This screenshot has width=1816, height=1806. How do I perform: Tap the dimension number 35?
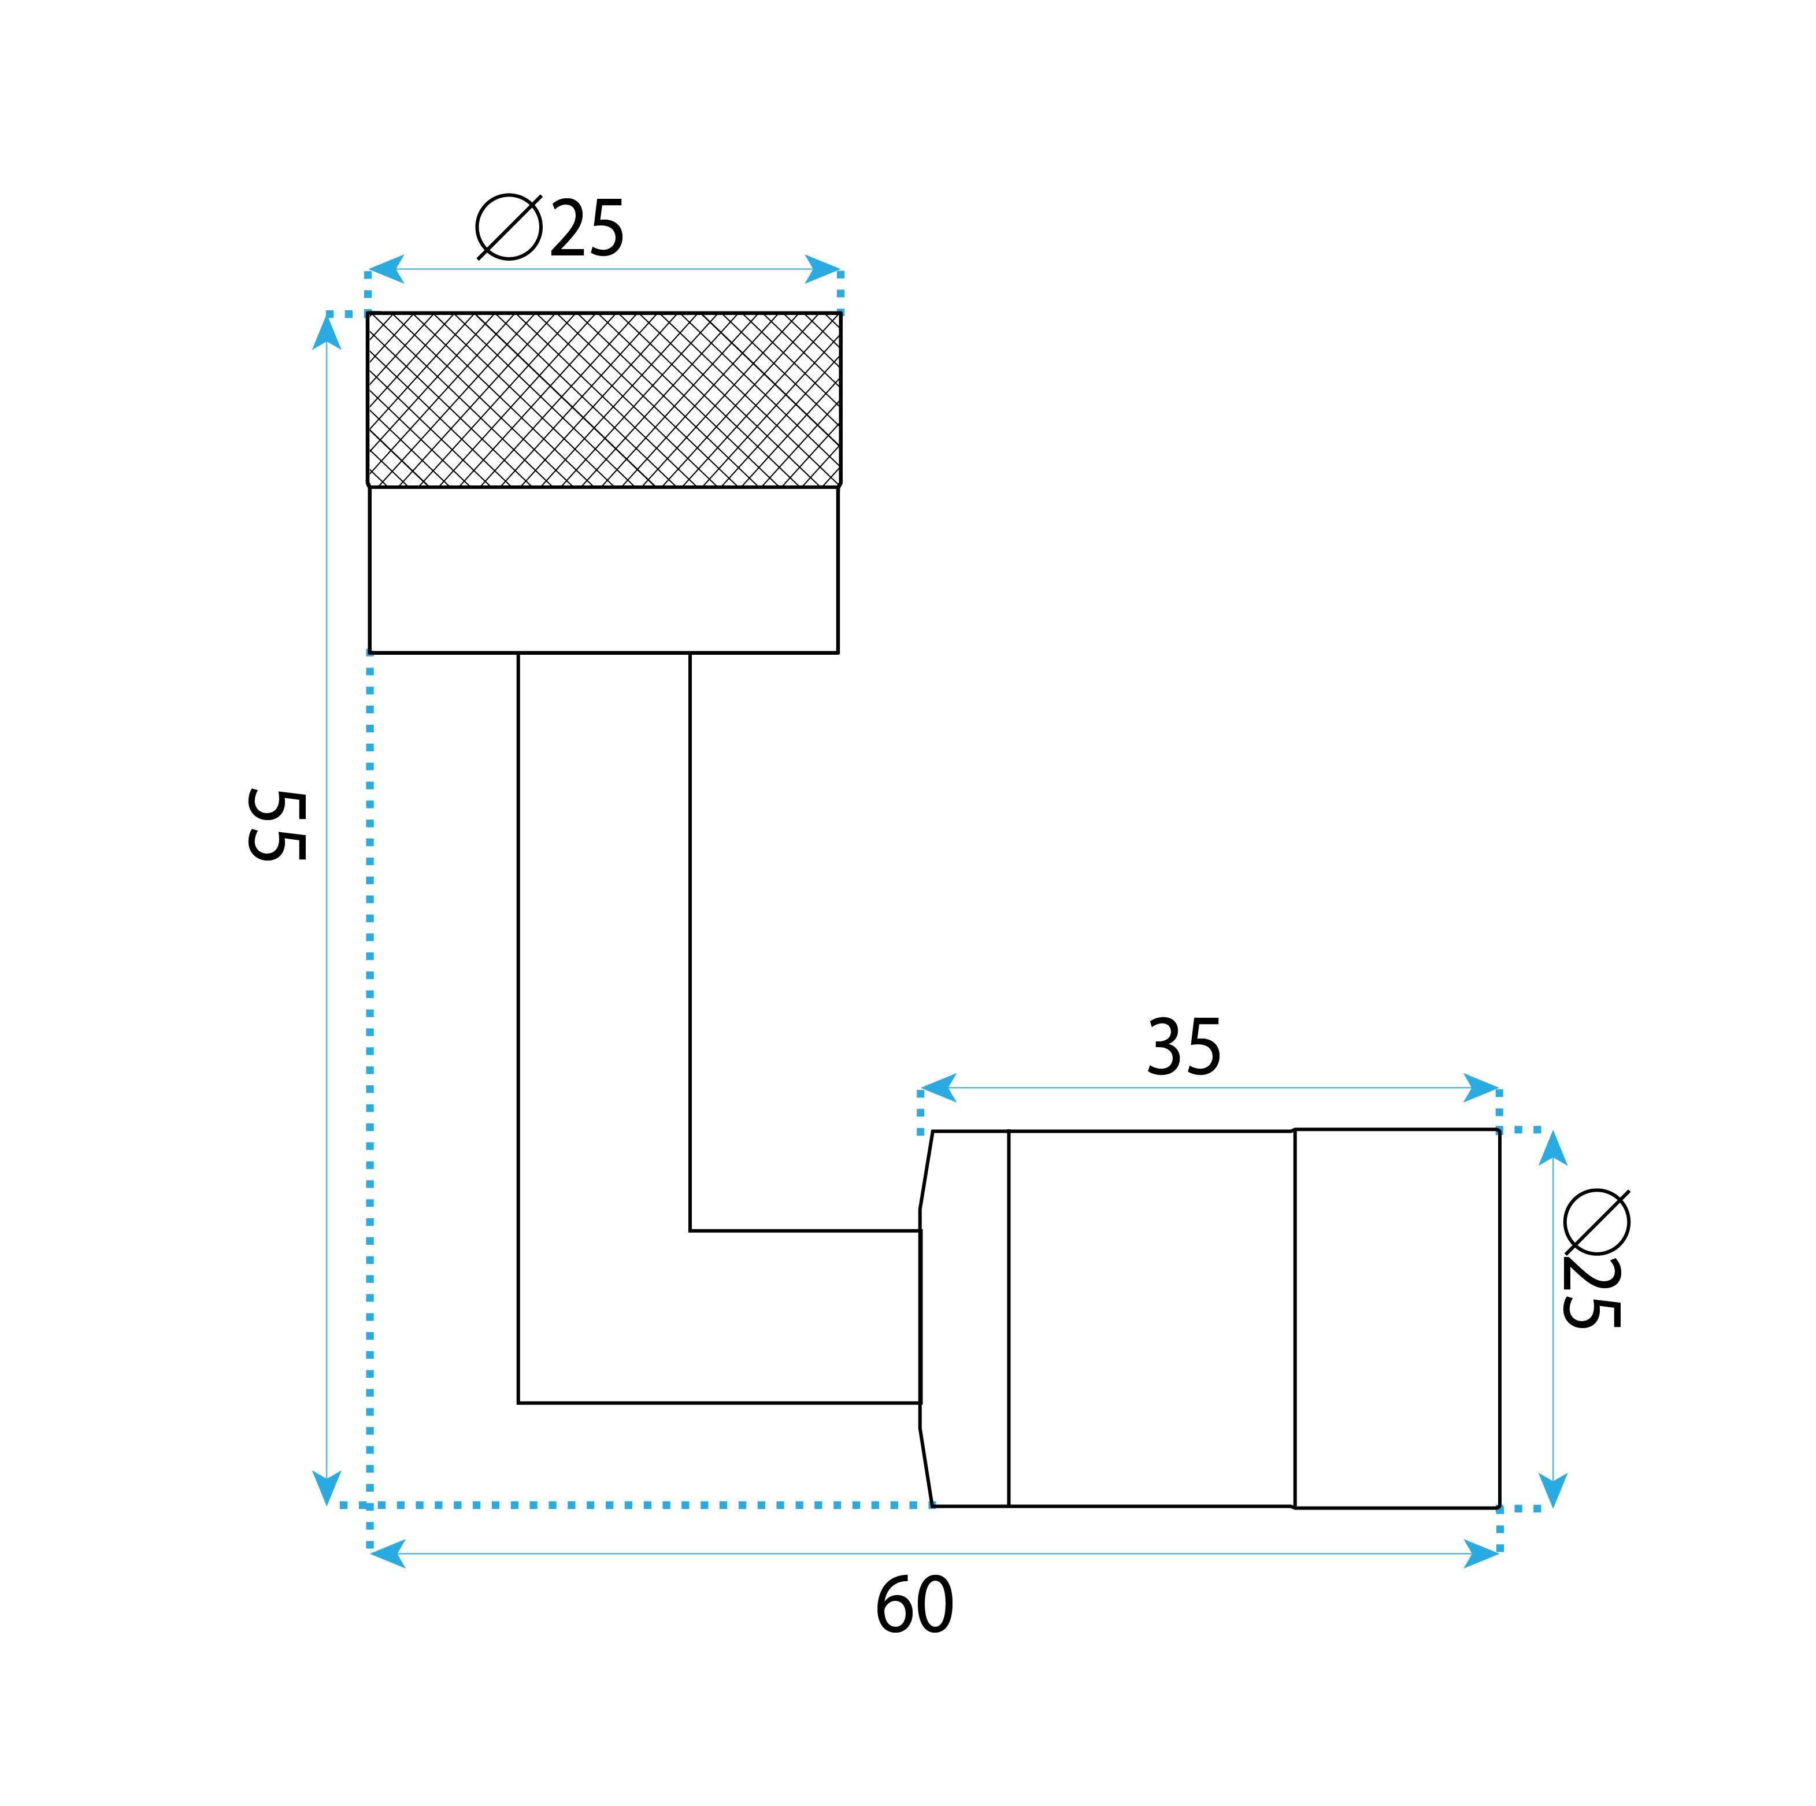[x=1184, y=1048]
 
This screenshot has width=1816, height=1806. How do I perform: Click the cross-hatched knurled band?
[x=603, y=399]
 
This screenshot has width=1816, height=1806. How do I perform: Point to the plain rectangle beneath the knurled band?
[x=603, y=569]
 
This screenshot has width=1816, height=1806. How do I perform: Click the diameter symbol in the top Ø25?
[x=509, y=227]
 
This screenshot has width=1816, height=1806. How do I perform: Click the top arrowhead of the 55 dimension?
[x=326, y=331]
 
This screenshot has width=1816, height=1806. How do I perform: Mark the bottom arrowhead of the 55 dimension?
[x=326, y=1488]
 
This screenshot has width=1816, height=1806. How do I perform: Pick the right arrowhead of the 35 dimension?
[x=1481, y=1088]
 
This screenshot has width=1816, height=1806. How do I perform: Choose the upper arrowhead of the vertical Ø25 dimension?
[x=1553, y=1148]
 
